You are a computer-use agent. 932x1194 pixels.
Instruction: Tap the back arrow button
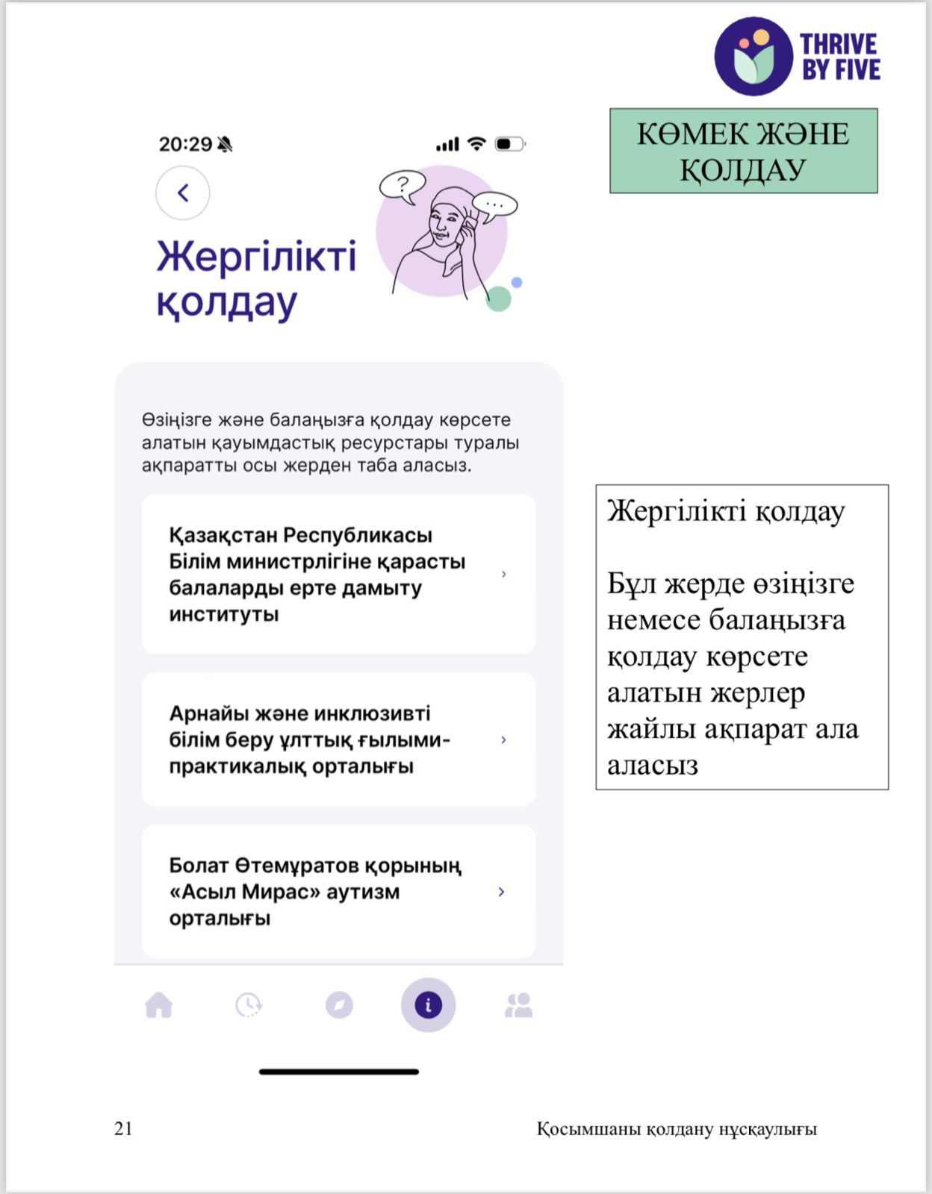(x=183, y=193)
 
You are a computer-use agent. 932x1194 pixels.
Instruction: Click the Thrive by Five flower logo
(x=753, y=57)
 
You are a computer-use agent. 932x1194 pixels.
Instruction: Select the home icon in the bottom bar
(x=159, y=1005)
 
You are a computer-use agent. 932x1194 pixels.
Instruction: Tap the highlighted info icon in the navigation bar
(x=428, y=1005)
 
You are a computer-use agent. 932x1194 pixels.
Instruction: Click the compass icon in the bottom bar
(x=339, y=1005)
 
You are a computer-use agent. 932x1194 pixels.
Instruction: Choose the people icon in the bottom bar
(x=518, y=1005)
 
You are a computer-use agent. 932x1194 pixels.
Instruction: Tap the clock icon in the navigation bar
(x=249, y=1005)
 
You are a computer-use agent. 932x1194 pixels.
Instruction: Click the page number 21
(x=123, y=1128)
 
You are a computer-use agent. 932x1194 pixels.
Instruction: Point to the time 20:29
(x=185, y=144)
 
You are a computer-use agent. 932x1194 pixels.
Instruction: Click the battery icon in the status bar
(x=510, y=143)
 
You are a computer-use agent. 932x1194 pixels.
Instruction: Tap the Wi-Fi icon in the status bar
(x=476, y=143)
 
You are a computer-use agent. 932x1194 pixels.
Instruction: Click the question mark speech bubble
(x=403, y=184)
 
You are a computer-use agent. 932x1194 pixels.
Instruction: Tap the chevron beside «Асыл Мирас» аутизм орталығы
(x=502, y=892)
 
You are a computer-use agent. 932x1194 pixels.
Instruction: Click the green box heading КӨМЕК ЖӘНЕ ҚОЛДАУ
(x=743, y=151)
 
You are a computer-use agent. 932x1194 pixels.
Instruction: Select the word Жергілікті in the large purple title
(x=256, y=257)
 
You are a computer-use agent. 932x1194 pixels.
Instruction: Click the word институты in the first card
(x=224, y=614)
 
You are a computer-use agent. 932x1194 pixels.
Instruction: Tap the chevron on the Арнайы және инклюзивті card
(x=503, y=740)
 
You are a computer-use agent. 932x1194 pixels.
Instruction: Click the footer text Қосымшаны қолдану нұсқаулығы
(x=677, y=1129)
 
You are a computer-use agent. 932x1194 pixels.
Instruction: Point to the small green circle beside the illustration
(x=499, y=299)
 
